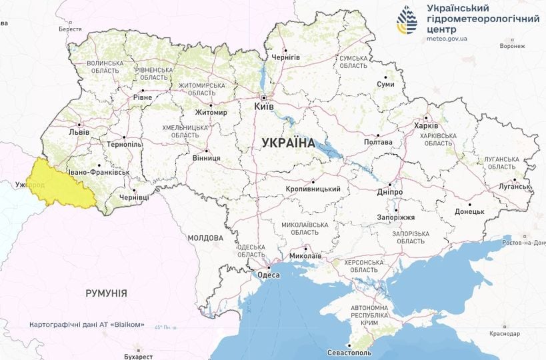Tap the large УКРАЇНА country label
tap(288, 143)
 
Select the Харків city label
tap(426, 126)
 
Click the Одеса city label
tap(268, 274)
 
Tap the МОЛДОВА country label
tap(205, 238)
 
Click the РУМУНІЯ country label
tap(106, 293)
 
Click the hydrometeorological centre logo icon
tap(407, 21)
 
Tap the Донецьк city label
tap(469, 212)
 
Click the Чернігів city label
tap(286, 57)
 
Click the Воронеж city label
tap(512, 46)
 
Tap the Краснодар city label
tap(504, 333)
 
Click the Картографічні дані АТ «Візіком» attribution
tap(87, 325)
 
